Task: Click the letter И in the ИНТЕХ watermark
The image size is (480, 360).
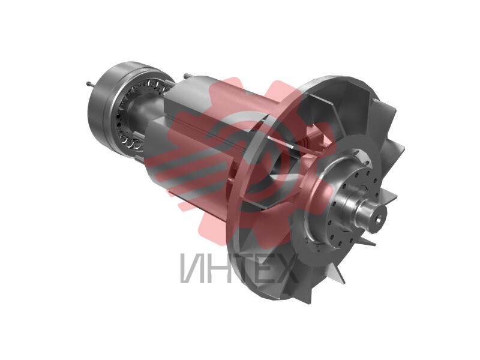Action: [x=191, y=268]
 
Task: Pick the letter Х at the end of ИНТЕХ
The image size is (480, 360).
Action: [x=286, y=268]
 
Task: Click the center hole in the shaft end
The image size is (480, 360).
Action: [x=379, y=218]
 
